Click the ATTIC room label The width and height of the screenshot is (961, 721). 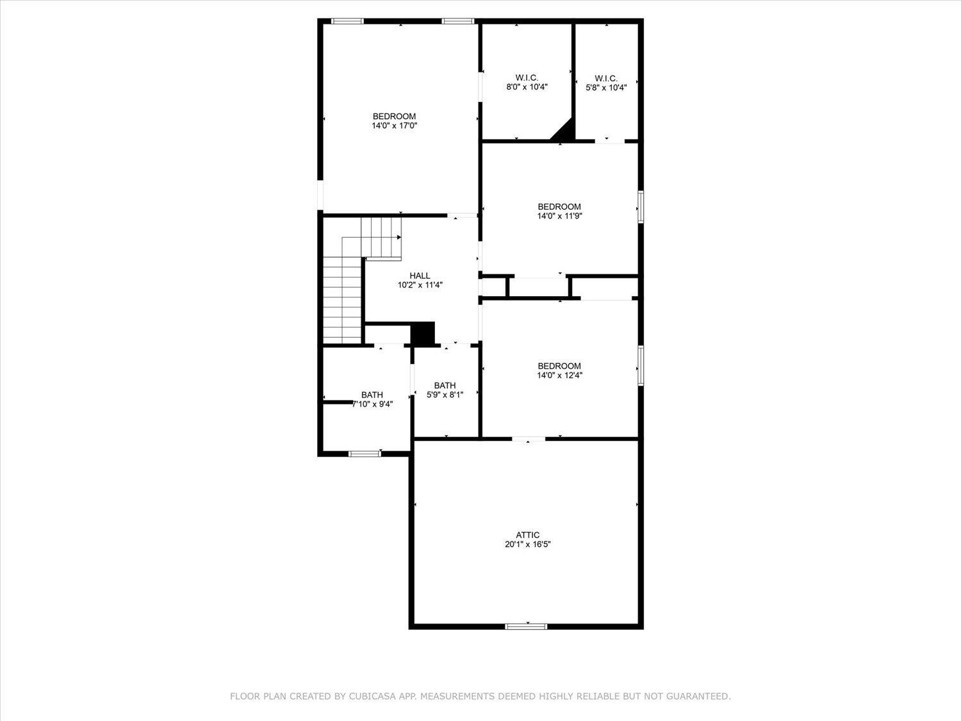pyautogui.click(x=527, y=535)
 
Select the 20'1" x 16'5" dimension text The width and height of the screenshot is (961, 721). pyautogui.click(x=527, y=545)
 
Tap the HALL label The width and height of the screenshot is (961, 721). pyautogui.click(x=420, y=276)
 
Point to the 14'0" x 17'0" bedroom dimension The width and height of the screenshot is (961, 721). pyautogui.click(x=395, y=126)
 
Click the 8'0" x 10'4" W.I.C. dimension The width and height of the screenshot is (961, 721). pyautogui.click(x=527, y=87)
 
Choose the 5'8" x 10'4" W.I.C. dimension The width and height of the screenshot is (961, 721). pyautogui.click(x=606, y=88)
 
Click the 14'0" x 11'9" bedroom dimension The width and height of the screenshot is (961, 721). pyautogui.click(x=559, y=216)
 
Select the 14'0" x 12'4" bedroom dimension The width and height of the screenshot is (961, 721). pyautogui.click(x=559, y=375)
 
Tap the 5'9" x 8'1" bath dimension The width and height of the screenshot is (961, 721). pyautogui.click(x=445, y=395)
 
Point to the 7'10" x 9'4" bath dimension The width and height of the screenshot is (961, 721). pyautogui.click(x=373, y=404)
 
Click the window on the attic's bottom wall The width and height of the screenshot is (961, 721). pyautogui.click(x=526, y=626)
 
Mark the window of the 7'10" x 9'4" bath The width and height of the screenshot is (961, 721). pyautogui.click(x=365, y=454)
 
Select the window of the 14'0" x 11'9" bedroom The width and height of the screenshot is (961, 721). pyautogui.click(x=641, y=207)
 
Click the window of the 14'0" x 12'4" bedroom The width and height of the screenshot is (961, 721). pyautogui.click(x=641, y=365)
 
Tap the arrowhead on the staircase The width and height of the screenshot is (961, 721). pyautogui.click(x=399, y=237)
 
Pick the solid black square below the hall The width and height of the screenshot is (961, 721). pyautogui.click(x=423, y=333)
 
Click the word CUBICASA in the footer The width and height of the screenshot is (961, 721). pyautogui.click(x=370, y=696)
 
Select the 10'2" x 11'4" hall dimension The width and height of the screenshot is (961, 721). pyautogui.click(x=420, y=285)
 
